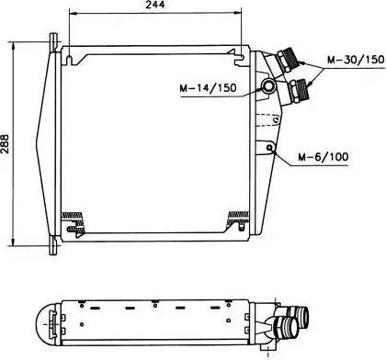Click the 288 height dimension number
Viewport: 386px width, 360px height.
8,141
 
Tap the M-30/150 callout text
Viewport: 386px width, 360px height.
355,60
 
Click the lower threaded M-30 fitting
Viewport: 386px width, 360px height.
300,90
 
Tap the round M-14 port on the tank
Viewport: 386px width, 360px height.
268,86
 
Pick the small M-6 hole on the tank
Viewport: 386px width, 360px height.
270,147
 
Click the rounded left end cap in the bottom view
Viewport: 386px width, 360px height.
43,321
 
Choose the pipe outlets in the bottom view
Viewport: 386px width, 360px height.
293,325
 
